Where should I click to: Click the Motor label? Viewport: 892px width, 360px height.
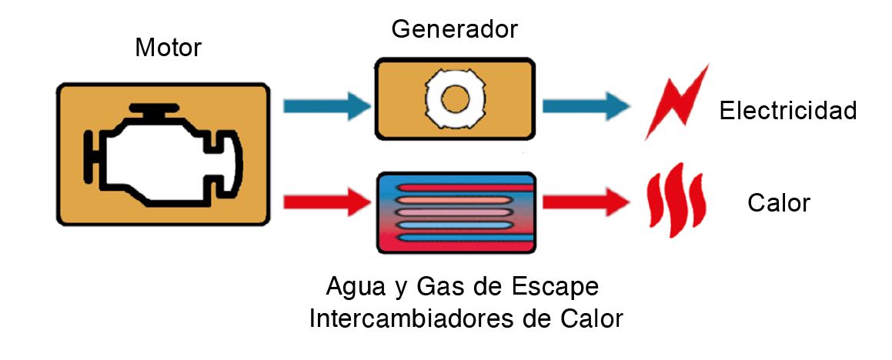pyautogui.click(x=168, y=48)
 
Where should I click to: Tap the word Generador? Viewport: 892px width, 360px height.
pyautogui.click(x=455, y=29)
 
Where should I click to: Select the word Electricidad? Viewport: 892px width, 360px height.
pyautogui.click(x=787, y=111)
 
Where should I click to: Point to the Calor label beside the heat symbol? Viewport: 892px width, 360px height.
pyautogui.click(x=778, y=203)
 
